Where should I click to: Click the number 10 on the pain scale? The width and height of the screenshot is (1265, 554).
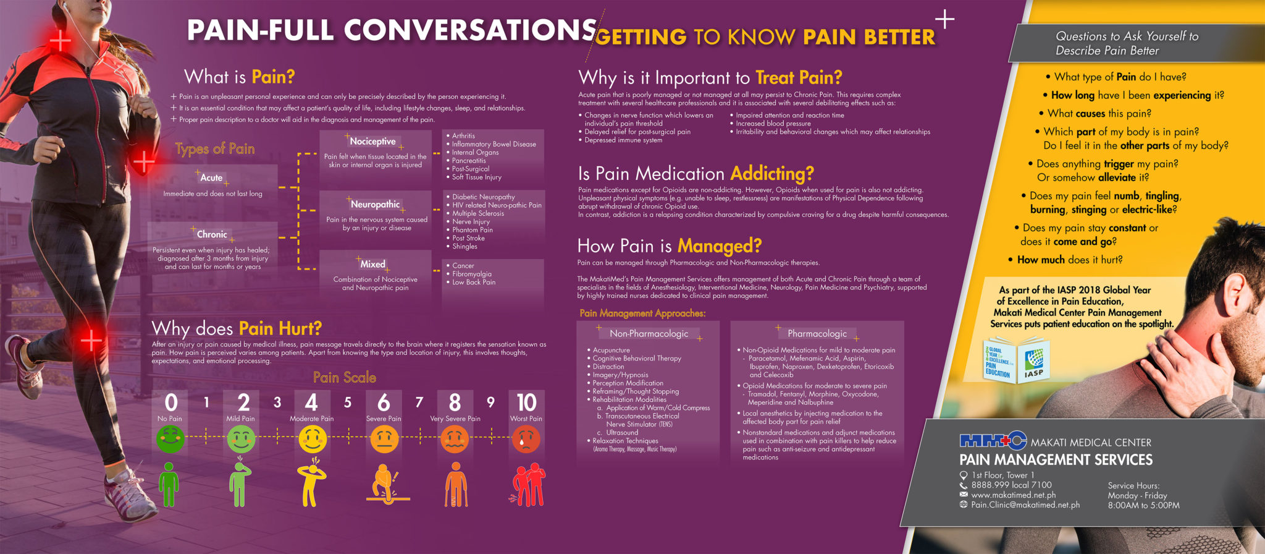526,403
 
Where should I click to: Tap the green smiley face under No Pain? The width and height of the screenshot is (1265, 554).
170,440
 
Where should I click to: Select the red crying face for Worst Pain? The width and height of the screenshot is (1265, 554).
526,440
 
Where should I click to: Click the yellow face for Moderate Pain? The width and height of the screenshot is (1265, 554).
312,440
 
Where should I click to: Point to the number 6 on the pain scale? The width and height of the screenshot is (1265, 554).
384,403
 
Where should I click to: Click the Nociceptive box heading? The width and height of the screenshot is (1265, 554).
372,142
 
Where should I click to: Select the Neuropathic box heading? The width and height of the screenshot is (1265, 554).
375,204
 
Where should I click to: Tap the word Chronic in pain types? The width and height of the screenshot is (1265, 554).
212,234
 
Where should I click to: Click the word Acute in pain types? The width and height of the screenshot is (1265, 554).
211,177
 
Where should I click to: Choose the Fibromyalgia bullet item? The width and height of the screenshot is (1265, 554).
472,274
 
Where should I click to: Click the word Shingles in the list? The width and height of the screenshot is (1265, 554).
464,246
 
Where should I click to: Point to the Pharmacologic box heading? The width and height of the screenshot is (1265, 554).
817,333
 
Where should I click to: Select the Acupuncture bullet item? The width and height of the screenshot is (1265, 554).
611,350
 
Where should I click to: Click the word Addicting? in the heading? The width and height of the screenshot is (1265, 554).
772,173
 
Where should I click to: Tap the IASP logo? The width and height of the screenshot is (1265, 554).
1033,362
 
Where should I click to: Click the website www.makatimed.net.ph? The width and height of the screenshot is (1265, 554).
1013,495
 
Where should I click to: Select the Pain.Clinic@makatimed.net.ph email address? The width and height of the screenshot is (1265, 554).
1025,505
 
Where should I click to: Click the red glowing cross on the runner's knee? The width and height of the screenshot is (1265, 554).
91,339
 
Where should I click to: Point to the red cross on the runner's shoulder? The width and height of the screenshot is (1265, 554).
60,41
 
